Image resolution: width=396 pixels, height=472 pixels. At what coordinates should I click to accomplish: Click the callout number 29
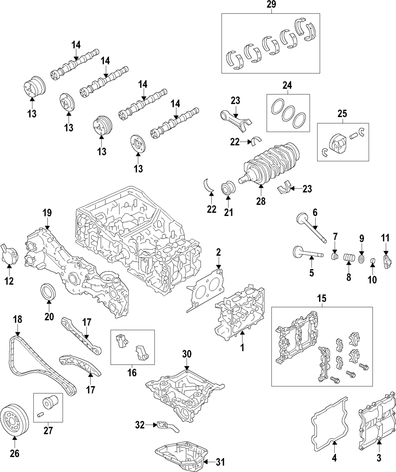coord(271,4)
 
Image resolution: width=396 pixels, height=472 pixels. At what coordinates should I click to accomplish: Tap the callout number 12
coord(10,281)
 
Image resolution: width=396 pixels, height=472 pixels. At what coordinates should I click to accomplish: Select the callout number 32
coord(140,425)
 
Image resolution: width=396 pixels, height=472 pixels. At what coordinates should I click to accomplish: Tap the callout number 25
coord(342,113)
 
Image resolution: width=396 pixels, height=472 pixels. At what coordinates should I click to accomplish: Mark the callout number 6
coord(315,212)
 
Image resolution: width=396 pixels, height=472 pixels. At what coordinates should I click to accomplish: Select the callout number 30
coord(187,354)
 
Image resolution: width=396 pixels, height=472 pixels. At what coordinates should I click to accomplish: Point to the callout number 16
coord(132,373)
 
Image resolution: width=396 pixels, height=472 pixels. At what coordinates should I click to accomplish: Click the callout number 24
coord(287,86)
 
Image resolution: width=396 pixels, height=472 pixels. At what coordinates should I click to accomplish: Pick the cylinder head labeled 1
coord(240,313)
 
